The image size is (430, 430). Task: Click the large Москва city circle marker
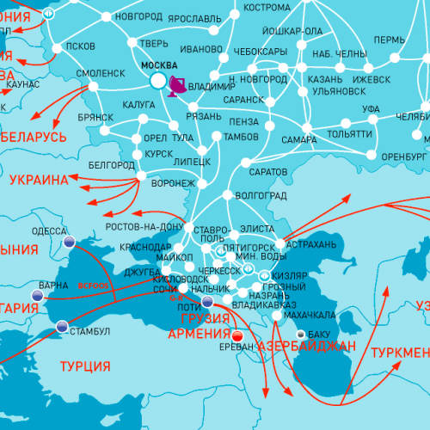click(157, 80)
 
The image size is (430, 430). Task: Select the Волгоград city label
click(261, 195)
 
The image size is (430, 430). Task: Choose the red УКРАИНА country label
click(38, 181)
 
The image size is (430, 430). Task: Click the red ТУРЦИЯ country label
click(85, 366)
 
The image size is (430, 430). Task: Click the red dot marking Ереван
click(237, 335)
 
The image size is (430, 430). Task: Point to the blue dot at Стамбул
click(62, 326)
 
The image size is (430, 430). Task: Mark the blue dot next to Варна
click(36, 295)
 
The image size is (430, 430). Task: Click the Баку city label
click(319, 334)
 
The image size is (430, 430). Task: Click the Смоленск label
click(101, 74)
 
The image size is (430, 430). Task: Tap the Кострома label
click(267, 7)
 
